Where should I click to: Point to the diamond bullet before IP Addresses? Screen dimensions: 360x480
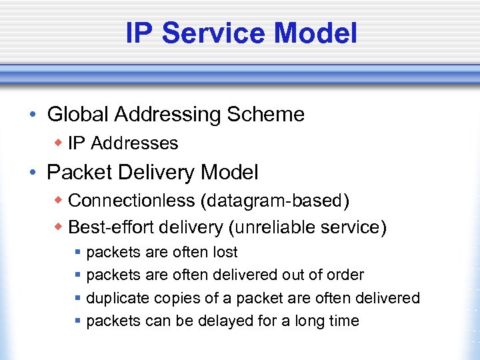59,143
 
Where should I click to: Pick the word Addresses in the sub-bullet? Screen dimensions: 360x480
134,143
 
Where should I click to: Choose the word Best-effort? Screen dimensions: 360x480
109,227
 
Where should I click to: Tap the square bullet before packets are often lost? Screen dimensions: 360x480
78,253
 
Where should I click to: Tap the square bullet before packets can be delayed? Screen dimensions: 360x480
78,321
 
